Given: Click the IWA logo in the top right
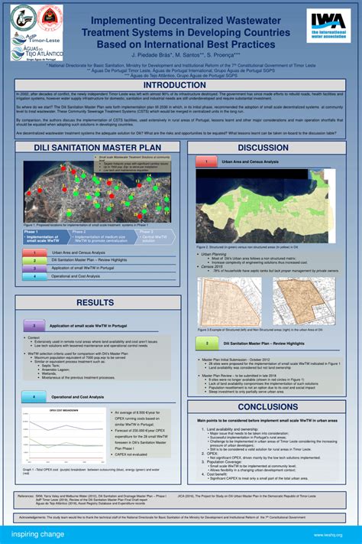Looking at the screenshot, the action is (x=329, y=27).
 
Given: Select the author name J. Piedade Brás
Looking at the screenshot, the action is (x=150, y=55).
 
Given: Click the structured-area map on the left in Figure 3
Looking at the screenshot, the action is (x=228, y=301).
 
